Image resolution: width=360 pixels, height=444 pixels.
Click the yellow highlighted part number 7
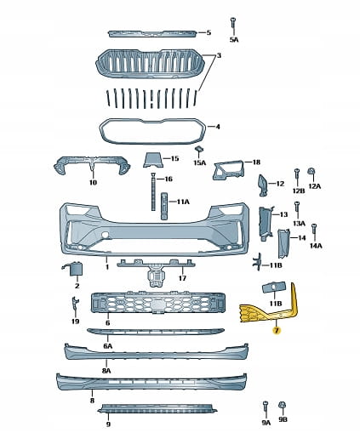coord(276,330)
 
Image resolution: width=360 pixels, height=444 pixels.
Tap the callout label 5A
coord(234,40)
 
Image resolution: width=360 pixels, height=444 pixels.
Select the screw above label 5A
coord(233,23)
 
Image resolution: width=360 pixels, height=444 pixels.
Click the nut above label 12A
coord(311,171)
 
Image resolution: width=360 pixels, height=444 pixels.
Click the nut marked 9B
coord(283,405)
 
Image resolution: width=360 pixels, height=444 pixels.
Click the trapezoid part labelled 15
coord(153,160)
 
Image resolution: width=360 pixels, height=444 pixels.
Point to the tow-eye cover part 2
coord(74,268)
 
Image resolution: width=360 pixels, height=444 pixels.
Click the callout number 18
coord(256,162)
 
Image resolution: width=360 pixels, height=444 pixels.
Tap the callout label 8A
coord(106,371)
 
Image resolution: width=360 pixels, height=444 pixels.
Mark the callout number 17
coord(182,278)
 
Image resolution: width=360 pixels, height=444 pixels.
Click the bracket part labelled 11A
coord(164,206)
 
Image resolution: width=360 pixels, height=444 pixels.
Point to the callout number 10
coord(93,182)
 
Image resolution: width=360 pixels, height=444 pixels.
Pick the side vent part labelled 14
coord(283,243)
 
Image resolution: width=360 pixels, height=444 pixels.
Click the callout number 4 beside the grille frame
coord(218,127)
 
